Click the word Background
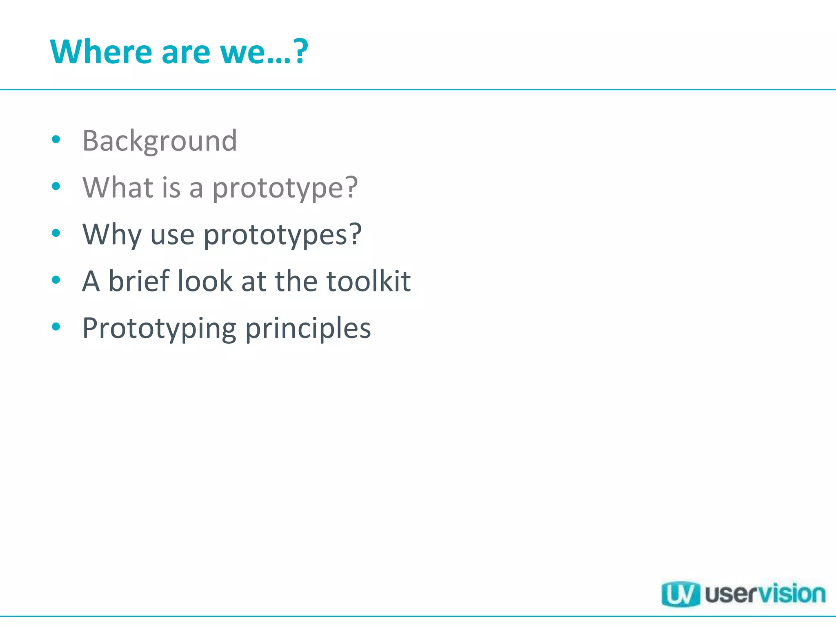(x=160, y=141)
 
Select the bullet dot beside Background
(x=56, y=140)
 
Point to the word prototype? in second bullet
(x=285, y=189)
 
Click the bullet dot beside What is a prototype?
(x=56, y=187)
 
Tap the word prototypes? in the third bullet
(x=282, y=236)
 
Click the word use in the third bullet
(x=172, y=236)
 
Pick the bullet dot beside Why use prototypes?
(x=56, y=233)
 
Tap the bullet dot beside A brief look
(x=56, y=280)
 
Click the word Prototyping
(x=159, y=329)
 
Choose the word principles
(x=308, y=329)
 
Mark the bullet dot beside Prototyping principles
(x=56, y=327)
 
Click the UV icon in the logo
(x=680, y=594)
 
